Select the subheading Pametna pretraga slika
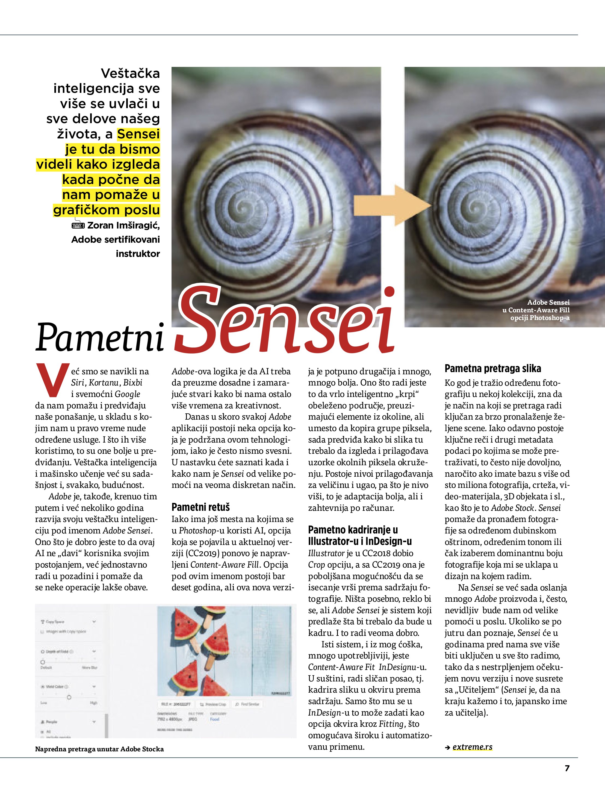click(493, 368)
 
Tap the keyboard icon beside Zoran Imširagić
click(78, 226)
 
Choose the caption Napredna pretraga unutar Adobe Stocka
click(99, 749)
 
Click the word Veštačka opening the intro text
click(130, 73)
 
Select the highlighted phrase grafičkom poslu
click(107, 210)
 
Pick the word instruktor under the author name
click(138, 254)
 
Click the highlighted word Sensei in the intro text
click(138, 134)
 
